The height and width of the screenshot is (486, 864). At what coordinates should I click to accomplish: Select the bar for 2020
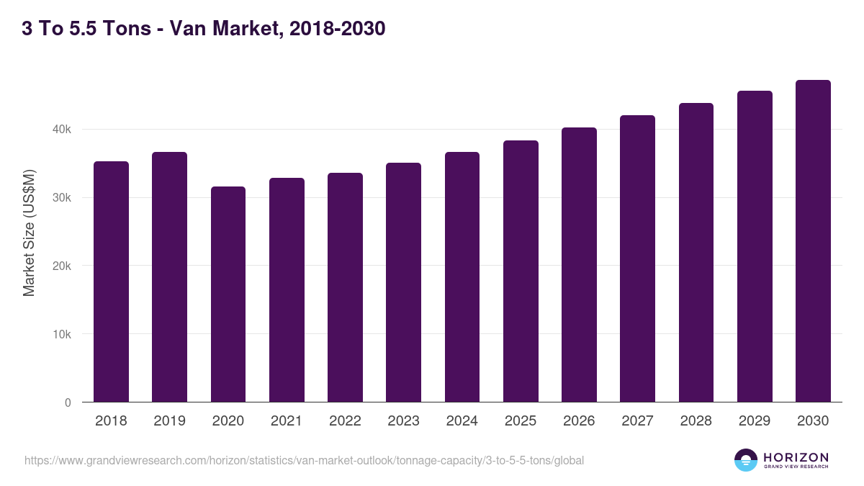coord(228,294)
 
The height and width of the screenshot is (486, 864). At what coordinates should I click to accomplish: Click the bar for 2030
coord(813,241)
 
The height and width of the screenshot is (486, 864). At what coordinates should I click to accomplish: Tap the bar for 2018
coord(111,282)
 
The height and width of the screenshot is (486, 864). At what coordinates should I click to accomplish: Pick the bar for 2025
coord(521,271)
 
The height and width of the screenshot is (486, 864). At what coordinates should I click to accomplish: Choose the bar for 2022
coord(345,287)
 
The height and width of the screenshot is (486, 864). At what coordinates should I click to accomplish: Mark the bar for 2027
coord(637,258)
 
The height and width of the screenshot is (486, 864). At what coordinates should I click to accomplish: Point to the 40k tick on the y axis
coord(61,130)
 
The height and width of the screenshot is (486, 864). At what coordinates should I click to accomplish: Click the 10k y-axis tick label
coord(61,334)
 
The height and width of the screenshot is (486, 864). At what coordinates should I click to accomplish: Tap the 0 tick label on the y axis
coord(68,402)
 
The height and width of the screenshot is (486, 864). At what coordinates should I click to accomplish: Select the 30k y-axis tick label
coord(61,198)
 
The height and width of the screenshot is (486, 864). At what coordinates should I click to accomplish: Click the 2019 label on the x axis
coord(169,420)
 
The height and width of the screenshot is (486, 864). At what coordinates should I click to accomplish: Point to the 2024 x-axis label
coord(462,420)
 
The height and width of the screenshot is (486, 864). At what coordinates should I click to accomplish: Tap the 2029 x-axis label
coord(754,420)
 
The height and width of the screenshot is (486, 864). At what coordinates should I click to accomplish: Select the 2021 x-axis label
coord(287,420)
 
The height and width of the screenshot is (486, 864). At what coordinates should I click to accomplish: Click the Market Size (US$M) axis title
coord(29,233)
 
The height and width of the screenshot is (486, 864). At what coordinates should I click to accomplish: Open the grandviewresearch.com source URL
coord(304,460)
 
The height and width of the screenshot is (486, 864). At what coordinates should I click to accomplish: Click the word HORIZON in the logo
coord(796,456)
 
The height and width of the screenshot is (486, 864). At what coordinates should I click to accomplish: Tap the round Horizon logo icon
coord(746,460)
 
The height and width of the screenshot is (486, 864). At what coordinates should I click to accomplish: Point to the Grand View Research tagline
coord(796,467)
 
